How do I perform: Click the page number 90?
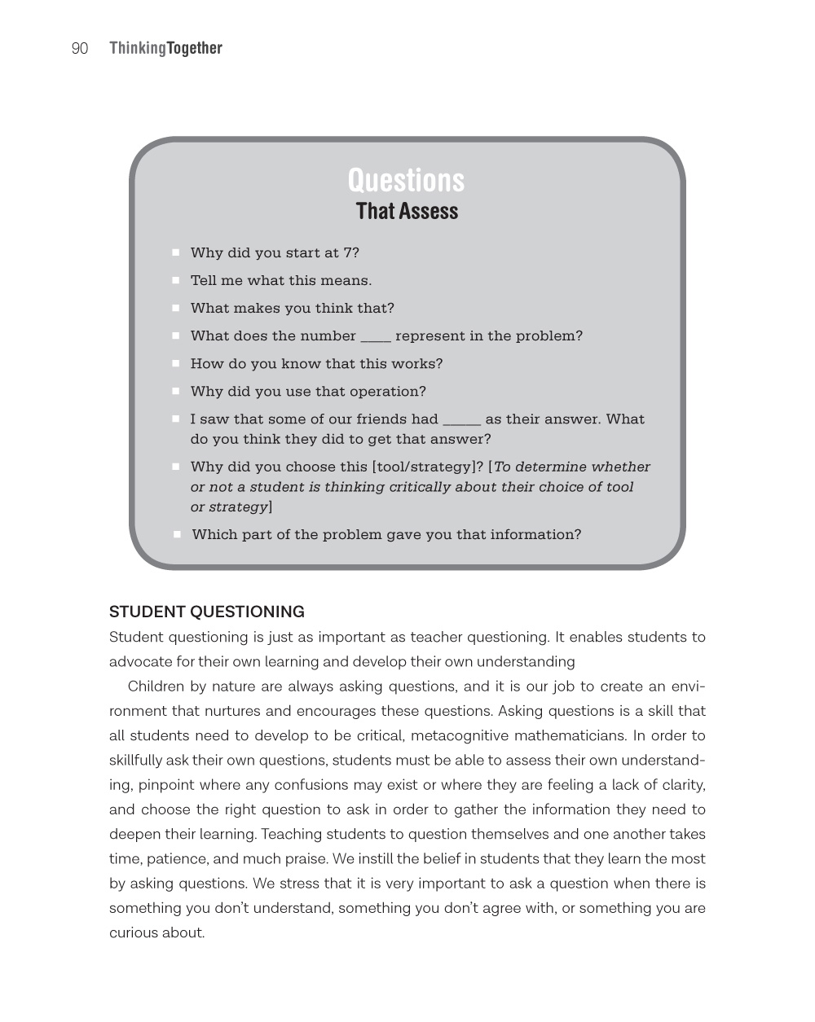point(80,49)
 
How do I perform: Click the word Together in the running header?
point(195,49)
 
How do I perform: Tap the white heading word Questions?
point(406,180)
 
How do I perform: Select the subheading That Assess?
point(407,212)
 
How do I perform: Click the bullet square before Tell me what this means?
point(176,281)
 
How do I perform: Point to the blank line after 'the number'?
point(376,337)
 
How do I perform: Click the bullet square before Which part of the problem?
point(177,535)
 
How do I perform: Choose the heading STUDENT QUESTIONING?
point(207,612)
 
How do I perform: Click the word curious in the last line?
point(133,933)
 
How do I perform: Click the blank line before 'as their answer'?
point(461,420)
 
